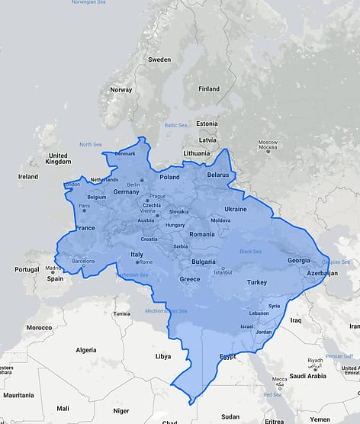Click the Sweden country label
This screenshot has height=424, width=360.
pos(159,59)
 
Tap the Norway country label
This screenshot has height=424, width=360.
pos(121,89)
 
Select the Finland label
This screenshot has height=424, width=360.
pos(209,88)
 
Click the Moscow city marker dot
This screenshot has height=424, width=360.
pos(268,151)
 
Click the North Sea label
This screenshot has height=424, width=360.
pos(90,144)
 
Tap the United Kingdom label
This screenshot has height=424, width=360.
pos(58,159)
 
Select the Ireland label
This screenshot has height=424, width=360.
pos(28,176)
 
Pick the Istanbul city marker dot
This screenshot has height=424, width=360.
pos(223,268)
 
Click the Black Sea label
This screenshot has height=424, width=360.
pos(250,252)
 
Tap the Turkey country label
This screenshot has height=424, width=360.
pos(257,283)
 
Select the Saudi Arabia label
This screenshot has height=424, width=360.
pos(307,376)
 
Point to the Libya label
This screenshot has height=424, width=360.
pos(163,356)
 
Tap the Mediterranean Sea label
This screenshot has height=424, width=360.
pos(166,311)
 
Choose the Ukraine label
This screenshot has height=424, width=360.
pos(235,209)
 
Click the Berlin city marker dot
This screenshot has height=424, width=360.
pos(141,180)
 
